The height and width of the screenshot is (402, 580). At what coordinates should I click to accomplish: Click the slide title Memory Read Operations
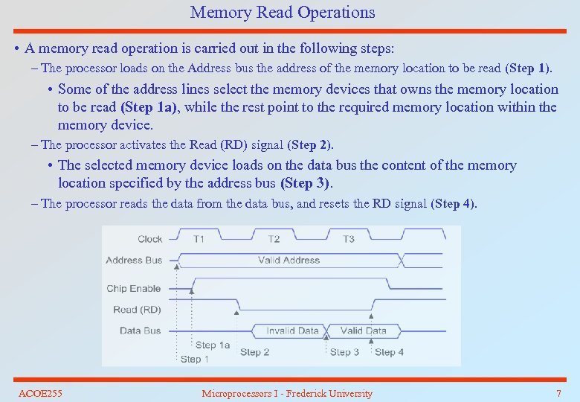point(283,13)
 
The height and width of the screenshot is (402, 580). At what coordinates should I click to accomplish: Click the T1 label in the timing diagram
point(199,239)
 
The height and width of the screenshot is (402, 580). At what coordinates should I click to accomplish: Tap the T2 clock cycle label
point(274,239)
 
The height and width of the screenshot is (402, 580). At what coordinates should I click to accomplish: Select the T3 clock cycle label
point(348,239)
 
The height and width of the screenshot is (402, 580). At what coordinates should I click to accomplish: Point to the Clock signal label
point(149,239)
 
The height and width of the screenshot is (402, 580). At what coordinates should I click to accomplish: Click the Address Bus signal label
point(134,260)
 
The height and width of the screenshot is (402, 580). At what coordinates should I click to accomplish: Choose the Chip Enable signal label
point(134,289)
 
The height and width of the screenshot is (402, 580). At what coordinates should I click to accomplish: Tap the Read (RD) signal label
point(137,310)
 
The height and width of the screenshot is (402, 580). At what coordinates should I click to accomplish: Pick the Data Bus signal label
point(141,331)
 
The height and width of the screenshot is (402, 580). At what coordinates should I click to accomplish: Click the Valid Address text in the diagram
point(289,260)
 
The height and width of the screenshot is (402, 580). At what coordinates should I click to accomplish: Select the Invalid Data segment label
point(292,331)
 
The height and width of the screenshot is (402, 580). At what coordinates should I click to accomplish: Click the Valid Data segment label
point(363,331)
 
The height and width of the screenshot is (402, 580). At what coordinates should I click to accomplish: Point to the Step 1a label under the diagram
point(213,345)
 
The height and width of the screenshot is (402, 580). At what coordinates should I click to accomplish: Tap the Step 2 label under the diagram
point(255,352)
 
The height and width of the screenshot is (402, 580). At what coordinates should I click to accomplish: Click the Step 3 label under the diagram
point(344,352)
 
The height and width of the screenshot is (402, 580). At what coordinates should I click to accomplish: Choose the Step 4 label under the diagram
point(389,352)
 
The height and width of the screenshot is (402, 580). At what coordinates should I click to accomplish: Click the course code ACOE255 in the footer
point(40,393)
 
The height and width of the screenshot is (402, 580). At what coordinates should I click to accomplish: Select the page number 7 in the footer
point(558,393)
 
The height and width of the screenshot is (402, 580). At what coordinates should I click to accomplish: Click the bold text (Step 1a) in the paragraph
point(149,107)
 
